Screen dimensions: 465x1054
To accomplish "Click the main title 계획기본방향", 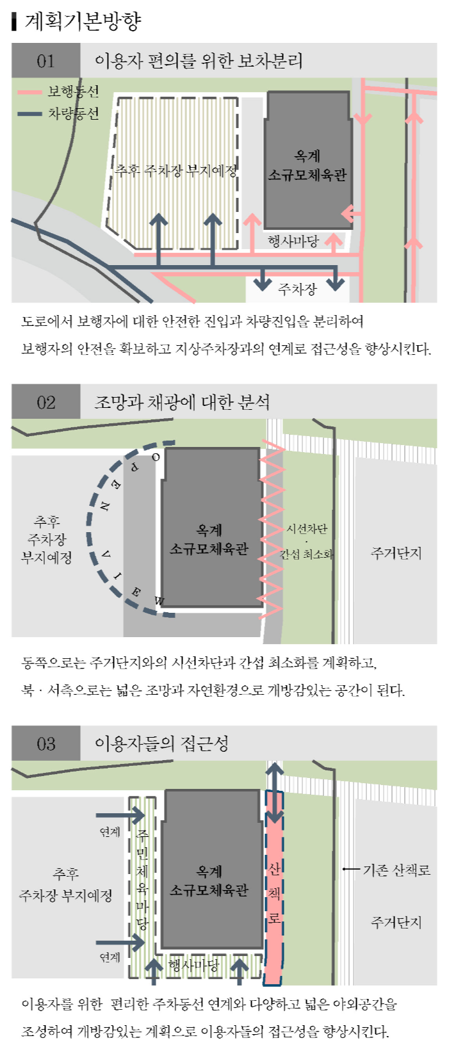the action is coord(82,20).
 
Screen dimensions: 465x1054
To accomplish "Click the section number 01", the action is coord(45,61).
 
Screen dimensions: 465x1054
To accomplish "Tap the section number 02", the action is coord(45,402).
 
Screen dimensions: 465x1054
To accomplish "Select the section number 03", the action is coord(45,743).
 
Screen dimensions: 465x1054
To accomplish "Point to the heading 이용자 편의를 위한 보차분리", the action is coord(199,61).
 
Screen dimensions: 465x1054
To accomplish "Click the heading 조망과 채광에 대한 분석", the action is coord(182,402).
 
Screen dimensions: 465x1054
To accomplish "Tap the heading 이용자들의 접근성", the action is coord(161,743).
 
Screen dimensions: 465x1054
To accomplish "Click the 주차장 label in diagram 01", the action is coord(297,289).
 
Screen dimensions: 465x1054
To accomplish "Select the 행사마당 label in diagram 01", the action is coord(293,241).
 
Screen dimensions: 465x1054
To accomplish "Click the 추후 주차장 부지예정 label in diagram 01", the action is coord(176,170).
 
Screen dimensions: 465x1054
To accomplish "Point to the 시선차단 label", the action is coord(306,529).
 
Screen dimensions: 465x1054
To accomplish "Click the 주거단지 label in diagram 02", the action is coord(396,553).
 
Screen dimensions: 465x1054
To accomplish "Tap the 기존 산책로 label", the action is coord(396,870).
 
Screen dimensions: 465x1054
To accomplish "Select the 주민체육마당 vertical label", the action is coord(142,879).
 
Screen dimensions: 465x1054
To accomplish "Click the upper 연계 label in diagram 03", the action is coord(110,832).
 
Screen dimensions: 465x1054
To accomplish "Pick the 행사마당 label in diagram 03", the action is coord(193,965).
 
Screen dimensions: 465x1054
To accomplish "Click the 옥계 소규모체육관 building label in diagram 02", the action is coord(209,540).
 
